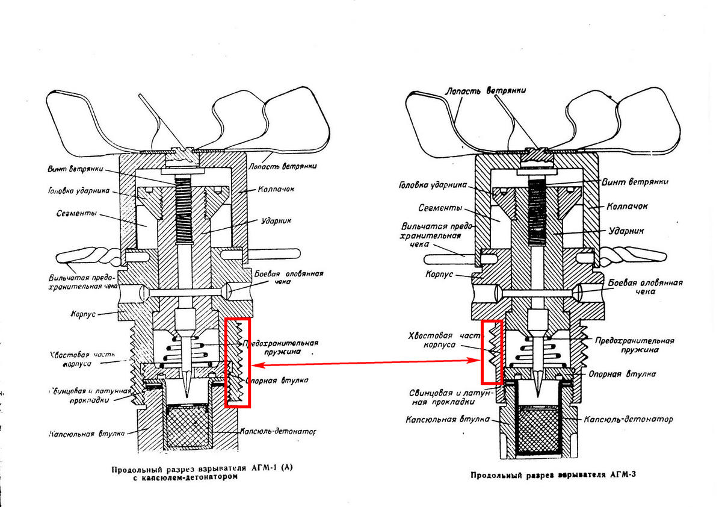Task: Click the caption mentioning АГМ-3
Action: pyautogui.click(x=554, y=474)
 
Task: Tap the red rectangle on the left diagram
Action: pyautogui.click(x=237, y=363)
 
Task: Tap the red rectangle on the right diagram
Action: pyautogui.click(x=492, y=352)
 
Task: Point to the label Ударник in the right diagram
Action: pyautogui.click(x=628, y=230)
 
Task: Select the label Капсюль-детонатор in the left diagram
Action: pyautogui.click(x=277, y=432)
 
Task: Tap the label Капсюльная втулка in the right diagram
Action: pyautogui.click(x=436, y=420)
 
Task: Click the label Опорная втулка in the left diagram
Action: pyautogui.click(x=277, y=381)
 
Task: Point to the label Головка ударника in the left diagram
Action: pyautogui.click(x=78, y=191)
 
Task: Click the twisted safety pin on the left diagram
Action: pyautogui.click(x=90, y=259)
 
